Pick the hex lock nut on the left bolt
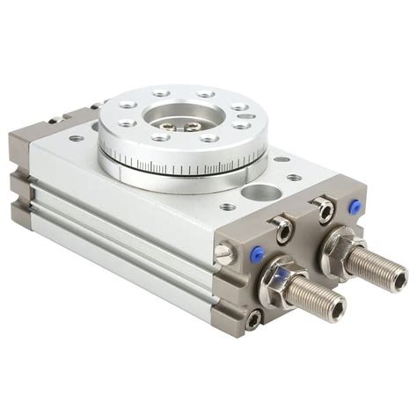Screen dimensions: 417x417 tap(280, 274)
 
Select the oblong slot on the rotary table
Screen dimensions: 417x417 tap(246, 116)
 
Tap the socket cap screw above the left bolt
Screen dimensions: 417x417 tap(283, 230)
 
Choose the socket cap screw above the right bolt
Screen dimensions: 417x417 tap(326, 209)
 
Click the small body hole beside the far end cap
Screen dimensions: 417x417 tap(77, 138)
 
